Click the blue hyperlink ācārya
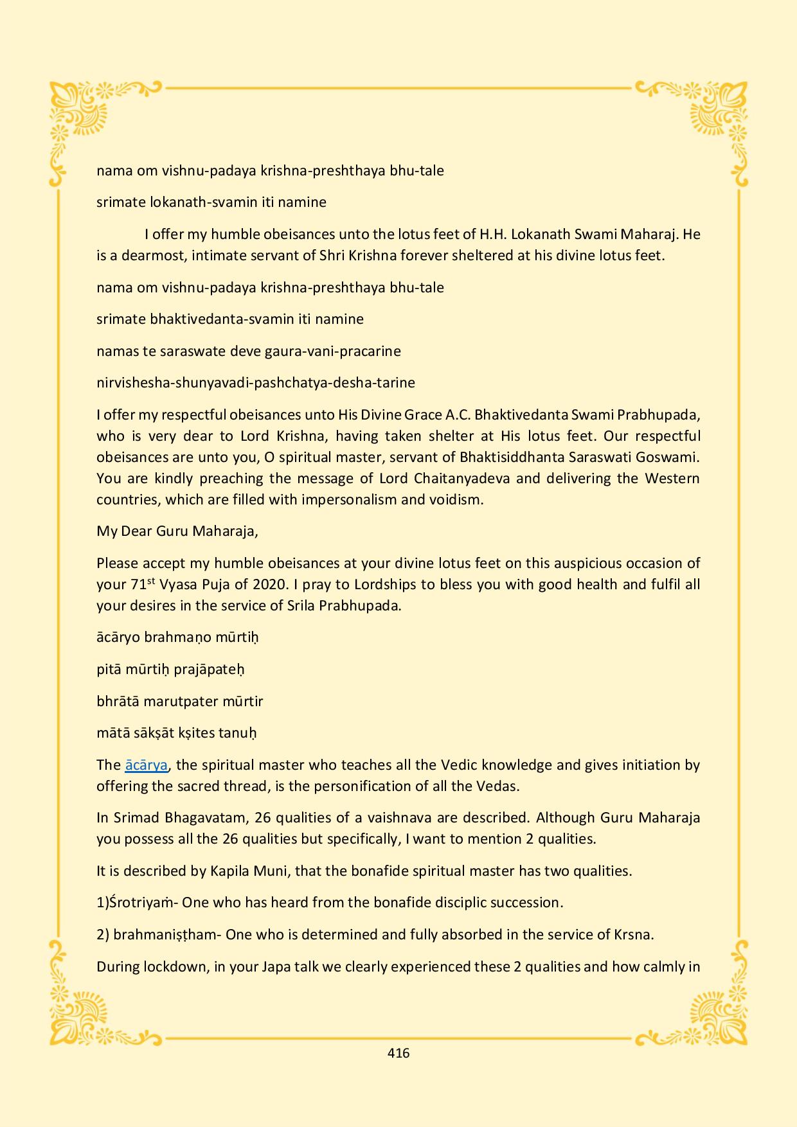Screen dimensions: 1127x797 click(147, 765)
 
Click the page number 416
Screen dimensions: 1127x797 click(398, 1052)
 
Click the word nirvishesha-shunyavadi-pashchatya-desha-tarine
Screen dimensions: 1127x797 click(255, 383)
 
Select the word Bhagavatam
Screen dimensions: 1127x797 click(205, 818)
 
